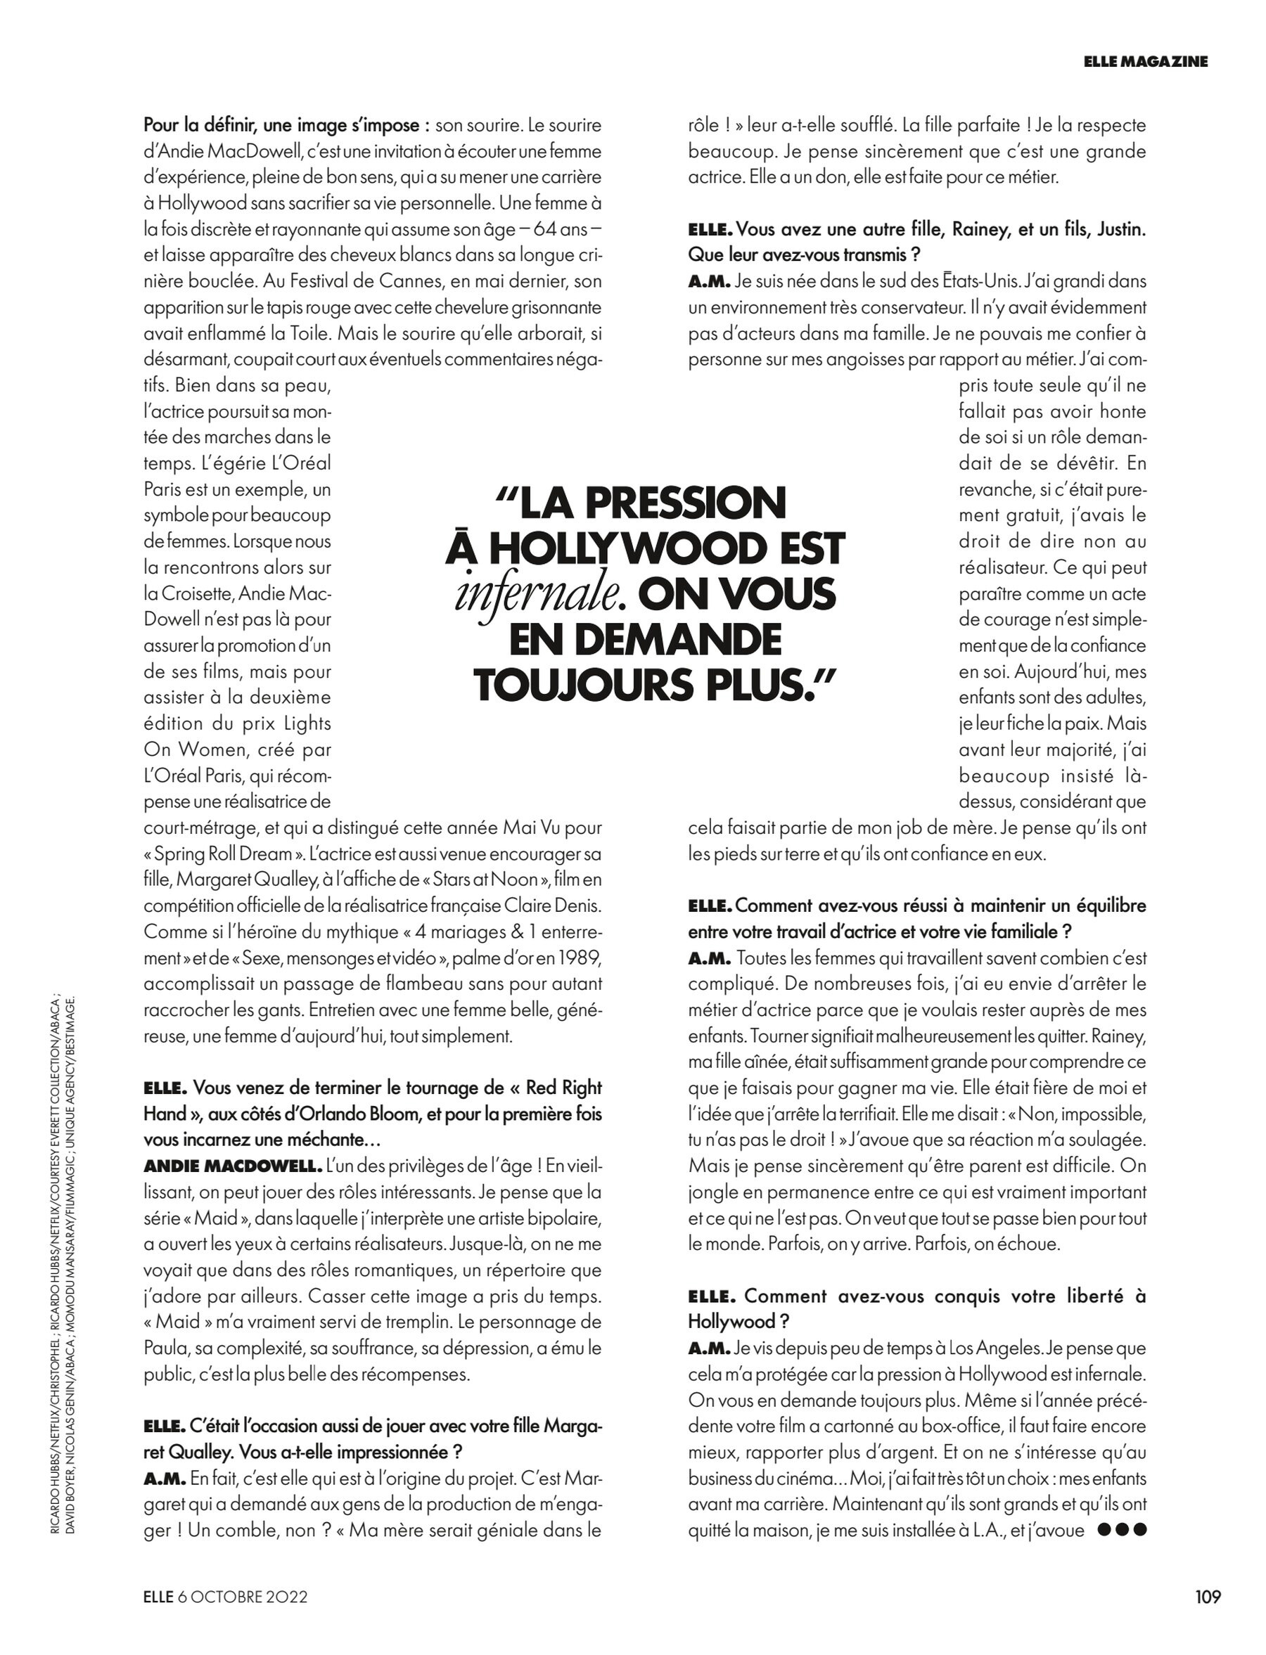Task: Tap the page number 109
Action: coord(1207,1595)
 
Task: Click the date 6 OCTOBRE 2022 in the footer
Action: coord(243,1596)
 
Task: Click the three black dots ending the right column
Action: coord(1122,1530)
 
